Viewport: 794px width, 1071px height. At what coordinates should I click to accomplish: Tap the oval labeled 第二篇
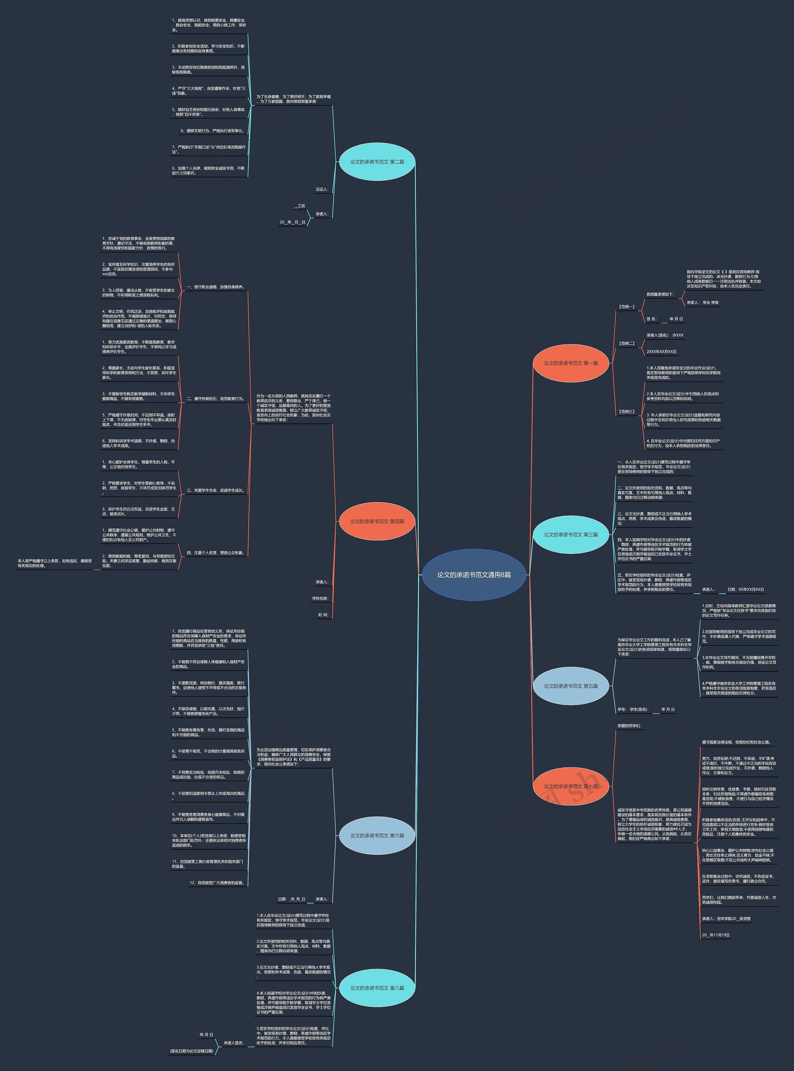377,162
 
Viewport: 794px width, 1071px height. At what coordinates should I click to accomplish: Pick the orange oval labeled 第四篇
377,521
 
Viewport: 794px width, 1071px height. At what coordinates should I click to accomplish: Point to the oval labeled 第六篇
377,836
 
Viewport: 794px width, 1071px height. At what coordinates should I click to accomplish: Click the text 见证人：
322,190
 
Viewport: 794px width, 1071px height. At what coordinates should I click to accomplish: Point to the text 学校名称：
320,599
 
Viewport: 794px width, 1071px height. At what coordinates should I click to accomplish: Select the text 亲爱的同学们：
629,726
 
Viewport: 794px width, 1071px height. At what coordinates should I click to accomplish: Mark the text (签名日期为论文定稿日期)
191,1051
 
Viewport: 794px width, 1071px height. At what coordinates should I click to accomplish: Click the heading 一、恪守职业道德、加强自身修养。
215,287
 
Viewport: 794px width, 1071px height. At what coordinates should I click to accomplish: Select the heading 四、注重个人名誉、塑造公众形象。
215,553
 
